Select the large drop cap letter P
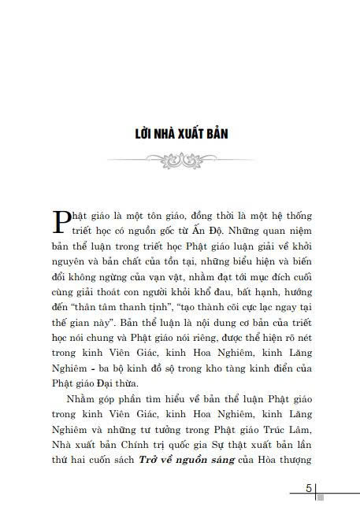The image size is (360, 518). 58,223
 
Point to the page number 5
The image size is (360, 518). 310,490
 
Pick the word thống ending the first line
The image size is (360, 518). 296,214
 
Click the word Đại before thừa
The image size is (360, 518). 97,383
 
